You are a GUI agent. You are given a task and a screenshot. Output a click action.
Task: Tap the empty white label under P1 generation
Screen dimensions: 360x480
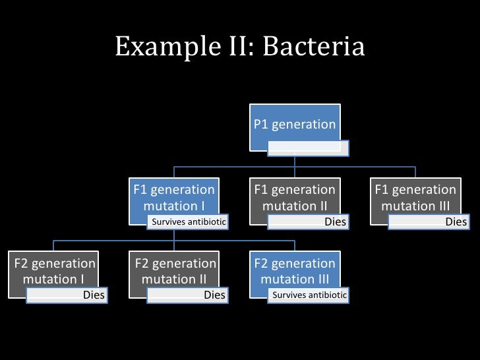[308, 148]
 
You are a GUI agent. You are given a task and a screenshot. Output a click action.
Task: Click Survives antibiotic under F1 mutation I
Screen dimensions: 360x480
[189, 222]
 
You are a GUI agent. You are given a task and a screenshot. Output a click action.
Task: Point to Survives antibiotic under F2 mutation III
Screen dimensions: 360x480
[309, 295]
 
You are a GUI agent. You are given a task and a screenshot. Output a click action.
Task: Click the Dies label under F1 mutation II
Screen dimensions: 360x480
[335, 222]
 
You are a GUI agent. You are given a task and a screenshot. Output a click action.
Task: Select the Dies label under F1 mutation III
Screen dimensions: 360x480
[456, 222]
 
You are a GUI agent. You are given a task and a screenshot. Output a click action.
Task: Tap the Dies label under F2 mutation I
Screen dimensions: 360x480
[94, 295]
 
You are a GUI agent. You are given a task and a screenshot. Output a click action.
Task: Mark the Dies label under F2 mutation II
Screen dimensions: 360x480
[214, 295]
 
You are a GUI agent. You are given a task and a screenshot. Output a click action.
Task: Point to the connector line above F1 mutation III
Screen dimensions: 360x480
[415, 171]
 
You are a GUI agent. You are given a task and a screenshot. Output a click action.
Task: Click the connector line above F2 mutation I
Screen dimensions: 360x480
[54, 245]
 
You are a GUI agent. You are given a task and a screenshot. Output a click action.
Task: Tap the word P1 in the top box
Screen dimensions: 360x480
[262, 125]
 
